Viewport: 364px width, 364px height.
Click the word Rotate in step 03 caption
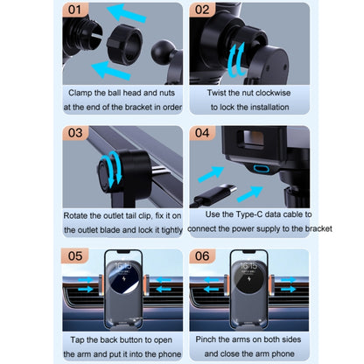click(80, 214)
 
